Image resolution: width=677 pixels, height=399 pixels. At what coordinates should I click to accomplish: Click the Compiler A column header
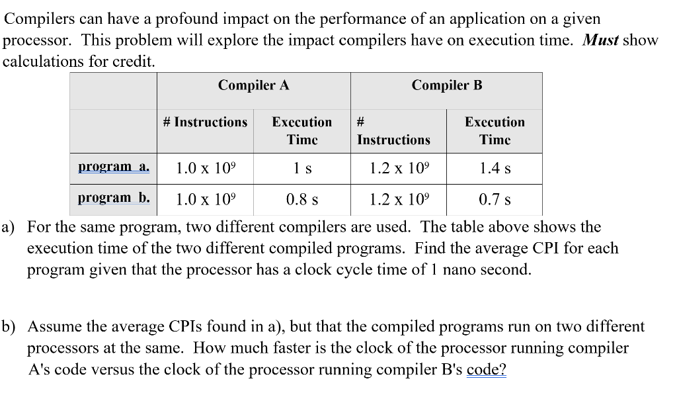click(x=253, y=85)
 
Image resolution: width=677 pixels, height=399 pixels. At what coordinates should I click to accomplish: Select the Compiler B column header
click(x=446, y=85)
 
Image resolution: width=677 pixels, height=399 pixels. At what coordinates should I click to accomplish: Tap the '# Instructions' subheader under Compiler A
click(x=205, y=122)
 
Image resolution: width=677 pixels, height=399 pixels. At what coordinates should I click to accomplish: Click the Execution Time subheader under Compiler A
click(x=302, y=130)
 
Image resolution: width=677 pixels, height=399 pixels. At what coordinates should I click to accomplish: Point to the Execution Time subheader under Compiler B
click(x=495, y=130)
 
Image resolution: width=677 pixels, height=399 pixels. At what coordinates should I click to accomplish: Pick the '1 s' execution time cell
click(x=302, y=169)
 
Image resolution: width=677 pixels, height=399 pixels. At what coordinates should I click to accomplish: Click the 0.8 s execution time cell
click(x=302, y=199)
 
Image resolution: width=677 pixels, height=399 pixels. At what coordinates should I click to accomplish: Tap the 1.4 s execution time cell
click(x=495, y=169)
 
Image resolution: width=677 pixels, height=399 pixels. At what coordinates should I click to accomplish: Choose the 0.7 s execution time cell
click(x=495, y=199)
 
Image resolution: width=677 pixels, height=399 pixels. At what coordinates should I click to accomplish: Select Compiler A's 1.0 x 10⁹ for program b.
click(x=205, y=199)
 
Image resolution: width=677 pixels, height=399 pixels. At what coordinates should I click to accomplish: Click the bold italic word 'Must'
click(x=600, y=40)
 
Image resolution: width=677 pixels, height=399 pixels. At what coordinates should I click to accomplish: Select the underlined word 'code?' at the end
click(x=486, y=370)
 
